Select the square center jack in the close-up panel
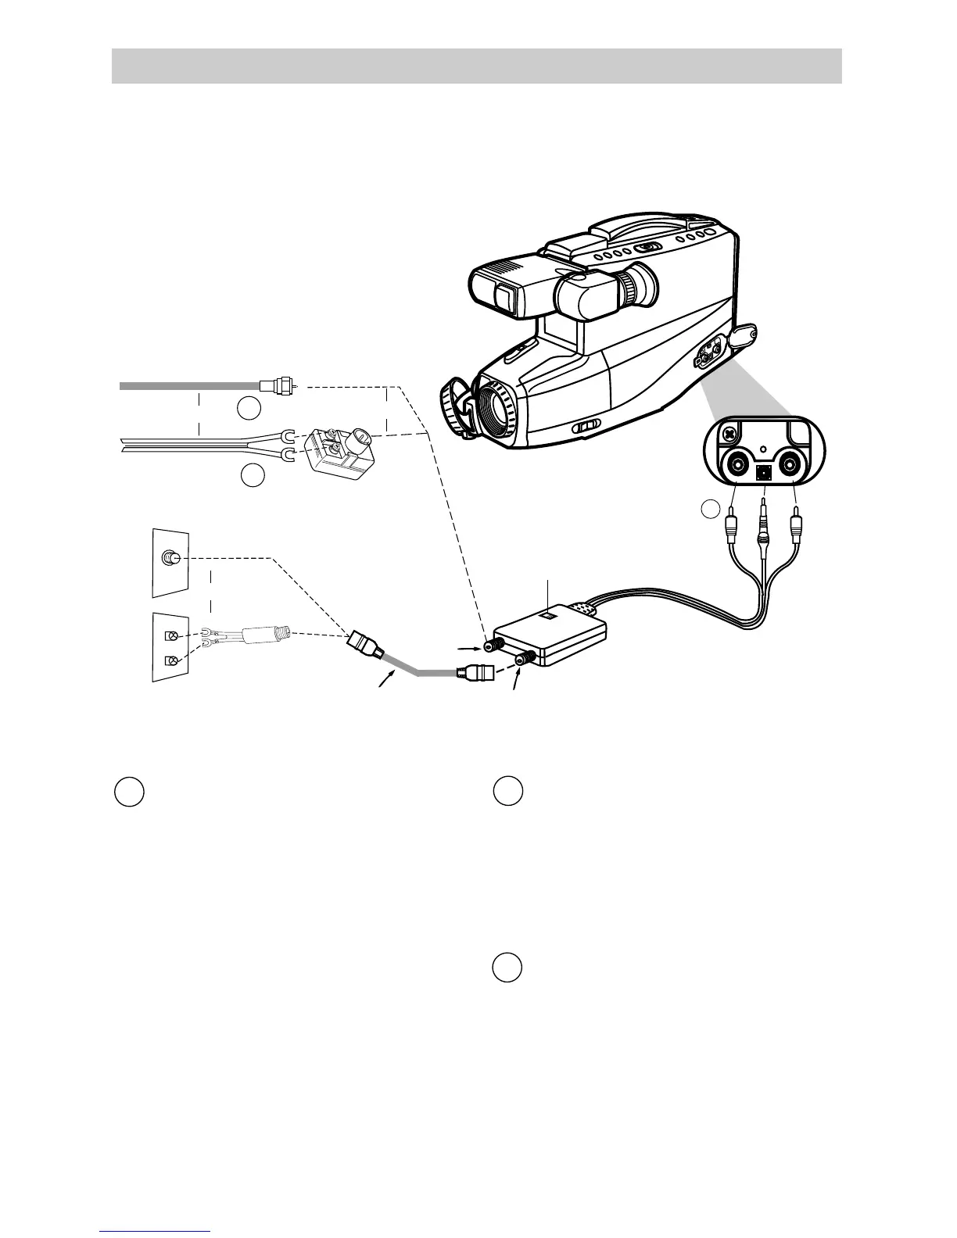click(x=764, y=472)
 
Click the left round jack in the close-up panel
click(x=737, y=469)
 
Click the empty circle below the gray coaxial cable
click(x=249, y=407)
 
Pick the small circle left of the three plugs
click(x=709, y=509)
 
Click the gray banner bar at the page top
click(x=476, y=66)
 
